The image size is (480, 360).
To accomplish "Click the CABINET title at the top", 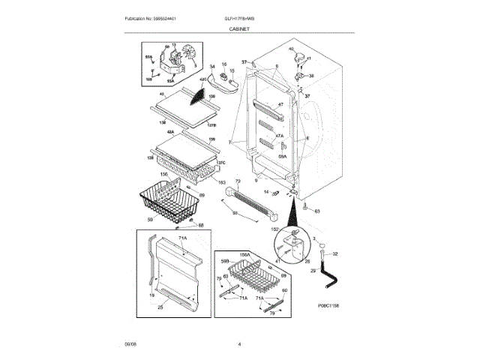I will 240,28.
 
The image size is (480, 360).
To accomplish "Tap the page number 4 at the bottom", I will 239,343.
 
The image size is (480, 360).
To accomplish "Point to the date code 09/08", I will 130,343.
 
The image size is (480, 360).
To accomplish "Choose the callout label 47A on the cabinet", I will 278,136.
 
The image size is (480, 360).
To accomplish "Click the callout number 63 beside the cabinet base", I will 317,211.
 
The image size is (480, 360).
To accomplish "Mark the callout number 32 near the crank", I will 335,254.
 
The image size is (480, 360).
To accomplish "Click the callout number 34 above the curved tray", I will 212,66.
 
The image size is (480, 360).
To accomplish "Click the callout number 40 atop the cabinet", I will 291,49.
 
